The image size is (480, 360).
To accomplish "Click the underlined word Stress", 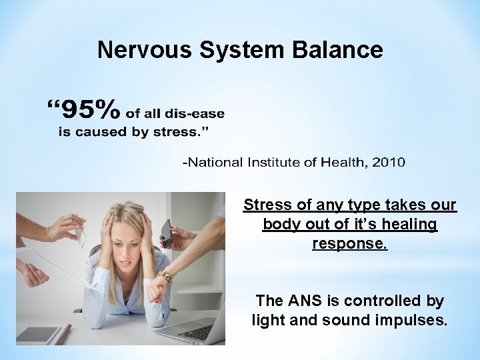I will [x=265, y=205].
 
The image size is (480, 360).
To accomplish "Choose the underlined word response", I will [x=350, y=243].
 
